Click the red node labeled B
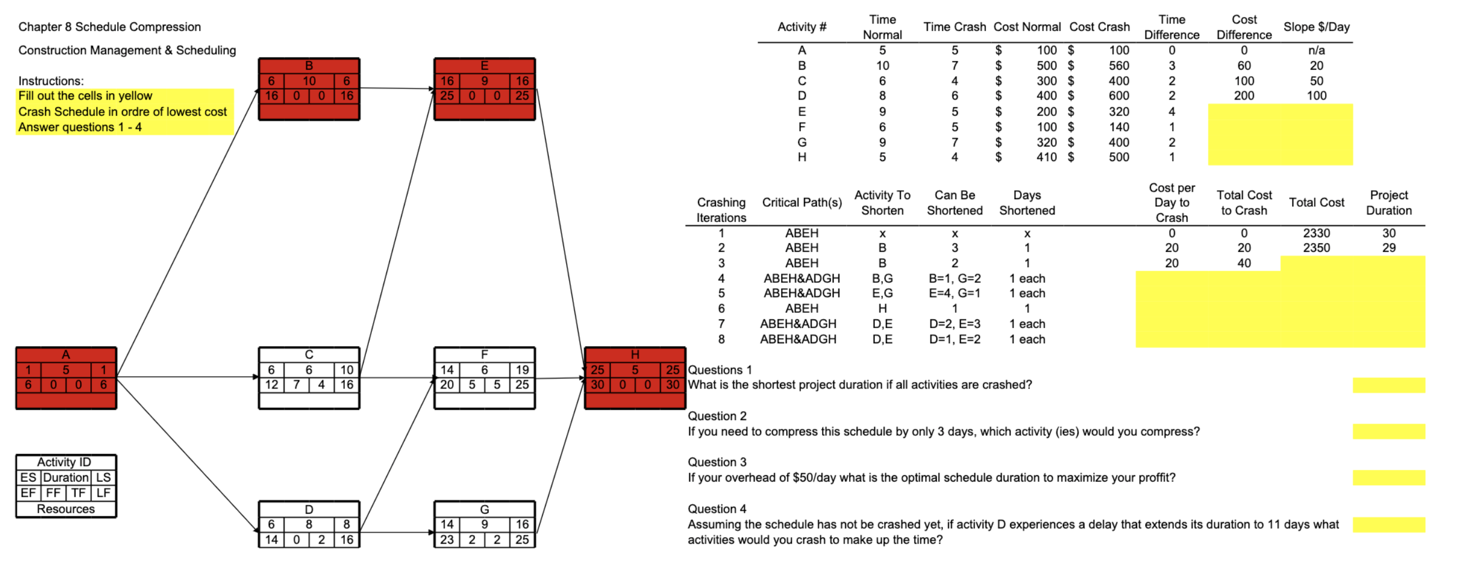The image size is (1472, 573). (309, 89)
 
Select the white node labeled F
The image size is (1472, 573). (484, 378)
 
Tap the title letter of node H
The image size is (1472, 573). (635, 354)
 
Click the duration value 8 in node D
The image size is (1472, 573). (309, 524)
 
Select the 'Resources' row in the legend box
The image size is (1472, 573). (66, 509)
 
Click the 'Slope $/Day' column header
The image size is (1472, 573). (1316, 27)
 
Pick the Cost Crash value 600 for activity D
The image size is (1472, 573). (1118, 95)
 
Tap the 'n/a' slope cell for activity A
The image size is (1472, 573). (1316, 50)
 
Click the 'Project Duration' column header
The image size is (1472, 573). (1388, 203)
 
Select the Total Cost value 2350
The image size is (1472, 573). (1316, 248)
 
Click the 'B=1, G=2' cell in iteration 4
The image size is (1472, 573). (954, 279)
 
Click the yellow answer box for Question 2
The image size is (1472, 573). (1388, 432)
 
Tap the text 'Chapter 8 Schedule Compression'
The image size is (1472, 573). (109, 27)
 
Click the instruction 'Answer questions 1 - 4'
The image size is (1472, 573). (80, 127)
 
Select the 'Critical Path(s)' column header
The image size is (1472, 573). (802, 203)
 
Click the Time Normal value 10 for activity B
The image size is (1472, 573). (882, 66)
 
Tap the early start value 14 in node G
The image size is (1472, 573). (447, 524)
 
